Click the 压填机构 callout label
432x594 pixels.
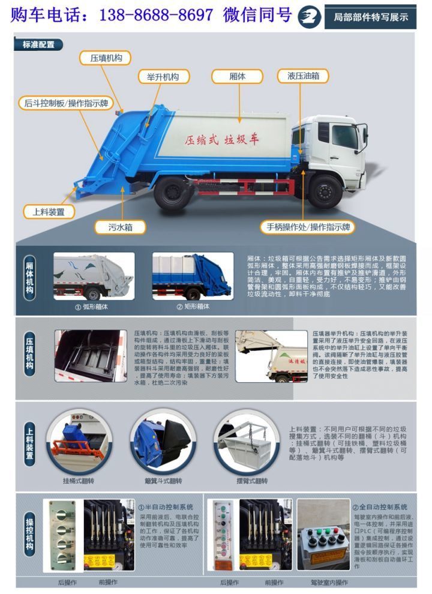pos(106,58)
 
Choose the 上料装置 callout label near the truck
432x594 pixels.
pos(49,211)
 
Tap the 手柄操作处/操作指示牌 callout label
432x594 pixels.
pos(308,227)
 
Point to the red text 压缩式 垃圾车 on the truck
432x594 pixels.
pos(222,140)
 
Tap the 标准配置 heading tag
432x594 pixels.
pos(38,44)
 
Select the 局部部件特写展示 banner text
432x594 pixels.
pos(370,17)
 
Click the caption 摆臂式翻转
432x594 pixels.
pos(251,480)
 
